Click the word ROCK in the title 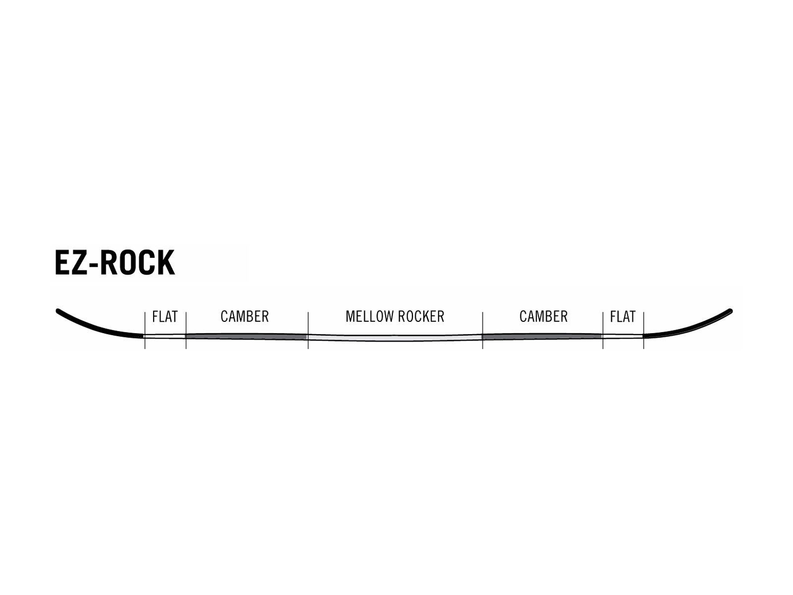pyautogui.click(x=137, y=263)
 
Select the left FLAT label pyautogui.click(x=165, y=317)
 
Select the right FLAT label pyautogui.click(x=623, y=317)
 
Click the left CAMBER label pyautogui.click(x=244, y=316)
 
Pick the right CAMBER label pyautogui.click(x=543, y=316)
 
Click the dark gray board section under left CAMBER pyautogui.click(x=247, y=336)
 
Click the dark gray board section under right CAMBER pyautogui.click(x=542, y=336)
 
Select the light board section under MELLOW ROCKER pyautogui.click(x=395, y=338)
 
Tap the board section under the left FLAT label pyautogui.click(x=165, y=336)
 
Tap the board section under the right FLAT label pyautogui.click(x=623, y=336)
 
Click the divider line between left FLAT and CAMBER pyautogui.click(x=186, y=331)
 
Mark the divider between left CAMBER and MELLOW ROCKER pyautogui.click(x=308, y=331)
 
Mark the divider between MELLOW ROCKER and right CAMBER pyautogui.click(x=483, y=331)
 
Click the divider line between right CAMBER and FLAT pyautogui.click(x=603, y=331)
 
